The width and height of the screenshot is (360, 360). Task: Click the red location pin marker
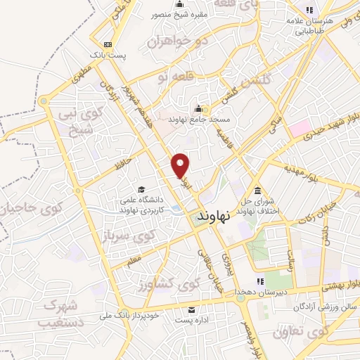[181, 165]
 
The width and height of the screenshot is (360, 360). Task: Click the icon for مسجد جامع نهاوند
[198, 109]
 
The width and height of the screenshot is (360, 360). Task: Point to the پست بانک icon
[106, 43]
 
